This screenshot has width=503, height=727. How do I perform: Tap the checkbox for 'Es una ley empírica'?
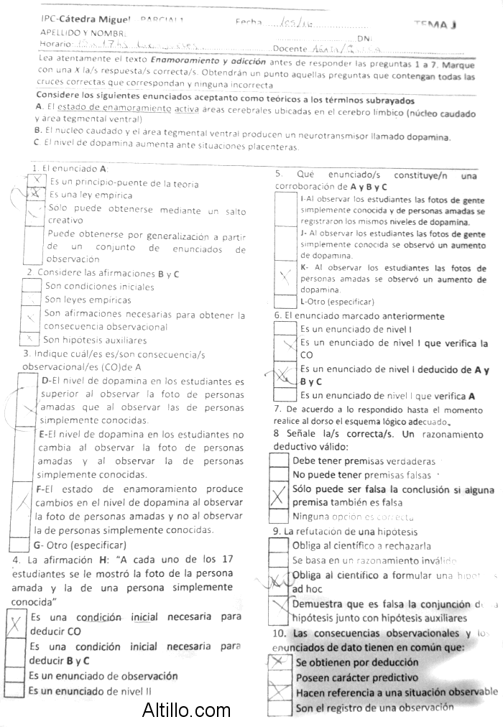pos(33,195)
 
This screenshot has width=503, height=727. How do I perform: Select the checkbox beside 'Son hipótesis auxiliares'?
pos(29,339)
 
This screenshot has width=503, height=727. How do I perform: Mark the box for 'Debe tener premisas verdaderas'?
pos(279,461)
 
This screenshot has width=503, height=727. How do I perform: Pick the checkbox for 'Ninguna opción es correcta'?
pos(279,517)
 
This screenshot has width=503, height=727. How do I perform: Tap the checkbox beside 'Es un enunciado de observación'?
pos(16,676)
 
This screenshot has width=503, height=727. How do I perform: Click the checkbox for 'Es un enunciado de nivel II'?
pos(16,690)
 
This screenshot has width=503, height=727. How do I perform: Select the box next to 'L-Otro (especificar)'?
pos(285,302)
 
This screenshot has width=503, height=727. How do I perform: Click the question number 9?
pos(276,532)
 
